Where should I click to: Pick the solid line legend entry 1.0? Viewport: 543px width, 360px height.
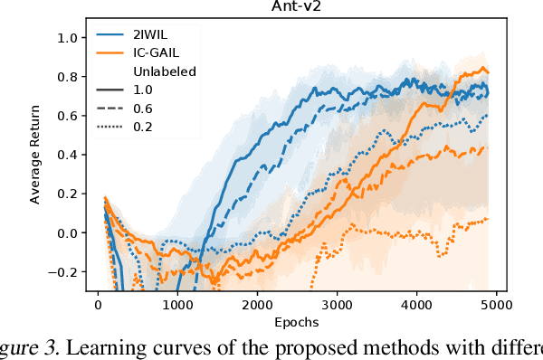coord(143,89)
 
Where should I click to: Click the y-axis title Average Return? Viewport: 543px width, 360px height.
coord(35,156)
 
